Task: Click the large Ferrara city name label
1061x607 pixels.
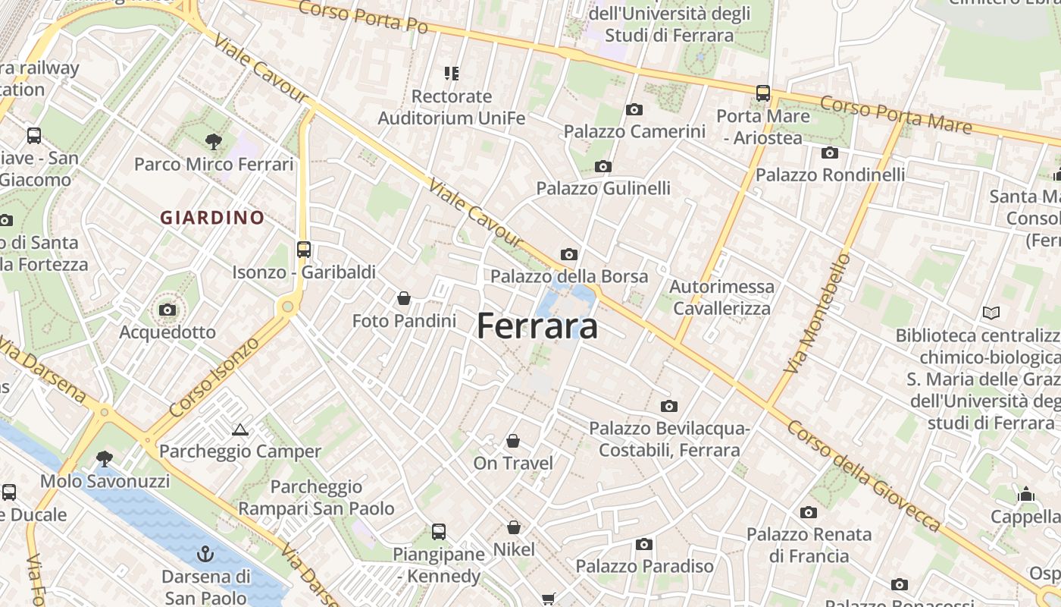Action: click(x=537, y=326)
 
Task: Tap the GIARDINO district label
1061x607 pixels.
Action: click(x=212, y=218)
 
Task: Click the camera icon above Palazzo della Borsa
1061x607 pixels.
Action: click(x=569, y=254)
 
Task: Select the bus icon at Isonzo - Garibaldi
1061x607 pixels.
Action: click(x=304, y=249)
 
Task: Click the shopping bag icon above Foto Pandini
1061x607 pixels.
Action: click(x=404, y=298)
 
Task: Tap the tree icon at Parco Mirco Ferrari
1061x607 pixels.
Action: click(x=214, y=140)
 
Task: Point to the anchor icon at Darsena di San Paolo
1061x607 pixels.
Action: click(x=205, y=554)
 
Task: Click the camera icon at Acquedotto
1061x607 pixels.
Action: click(x=167, y=310)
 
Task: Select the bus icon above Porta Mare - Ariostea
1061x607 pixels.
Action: click(x=763, y=93)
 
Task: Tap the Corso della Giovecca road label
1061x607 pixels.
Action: click(x=864, y=475)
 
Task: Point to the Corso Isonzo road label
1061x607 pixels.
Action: click(x=214, y=376)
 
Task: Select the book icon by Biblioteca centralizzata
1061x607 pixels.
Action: click(x=991, y=313)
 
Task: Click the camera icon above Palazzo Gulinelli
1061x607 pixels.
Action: click(x=603, y=166)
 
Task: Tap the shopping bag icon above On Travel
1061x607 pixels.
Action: click(x=513, y=441)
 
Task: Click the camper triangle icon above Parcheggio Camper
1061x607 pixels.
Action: click(x=240, y=429)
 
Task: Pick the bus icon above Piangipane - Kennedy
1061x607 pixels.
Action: click(x=439, y=532)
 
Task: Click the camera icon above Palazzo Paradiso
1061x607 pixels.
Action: click(x=644, y=544)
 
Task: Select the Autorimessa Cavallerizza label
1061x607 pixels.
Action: click(x=721, y=297)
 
